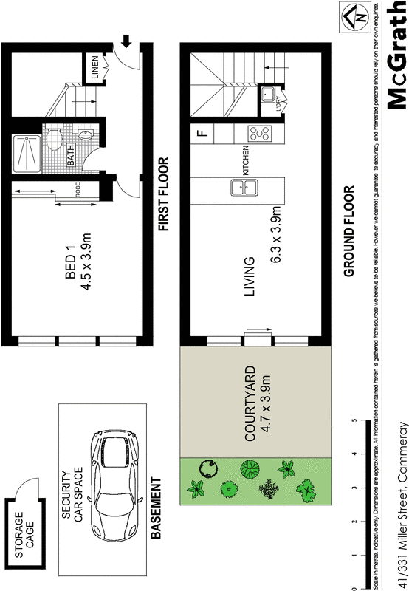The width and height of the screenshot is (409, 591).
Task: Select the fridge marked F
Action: click(201, 134)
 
